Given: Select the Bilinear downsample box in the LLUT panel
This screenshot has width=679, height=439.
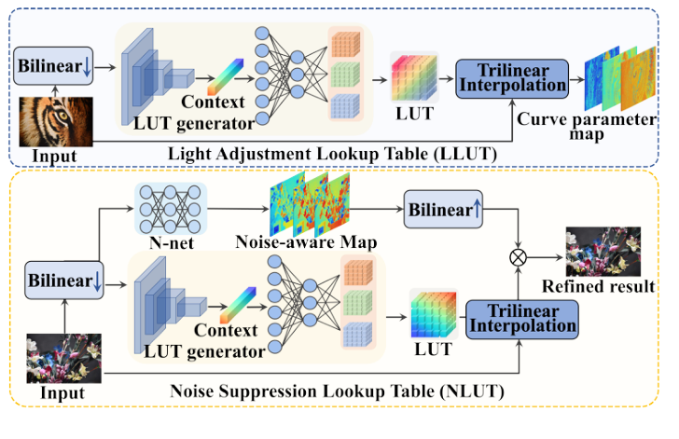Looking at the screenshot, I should [x=53, y=66].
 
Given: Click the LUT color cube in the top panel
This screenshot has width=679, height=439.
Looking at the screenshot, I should [x=412, y=77].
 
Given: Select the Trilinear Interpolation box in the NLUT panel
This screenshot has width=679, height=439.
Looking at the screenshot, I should [x=520, y=318].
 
